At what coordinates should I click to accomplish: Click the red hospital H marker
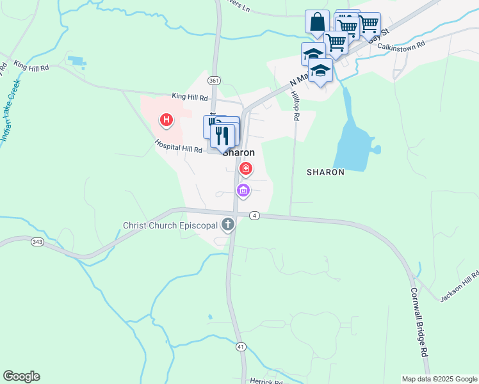166,119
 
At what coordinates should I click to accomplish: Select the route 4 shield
255,216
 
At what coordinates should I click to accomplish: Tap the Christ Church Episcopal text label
170,225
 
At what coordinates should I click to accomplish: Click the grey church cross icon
228,225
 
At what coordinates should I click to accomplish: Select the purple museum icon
243,190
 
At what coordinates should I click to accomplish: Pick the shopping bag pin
317,23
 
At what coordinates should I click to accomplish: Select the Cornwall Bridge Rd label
419,320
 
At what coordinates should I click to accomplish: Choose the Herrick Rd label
266,381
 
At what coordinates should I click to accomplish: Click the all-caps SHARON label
325,172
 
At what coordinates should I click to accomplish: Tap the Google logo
21,376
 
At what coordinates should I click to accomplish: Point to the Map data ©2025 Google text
439,379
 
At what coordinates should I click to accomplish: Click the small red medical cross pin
245,169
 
